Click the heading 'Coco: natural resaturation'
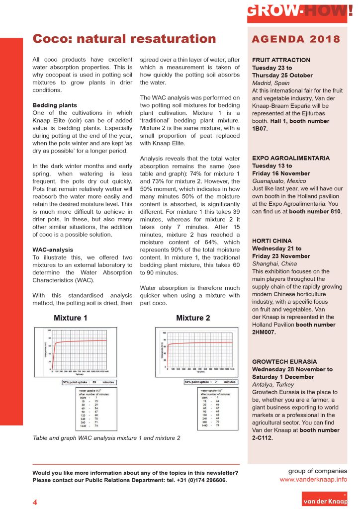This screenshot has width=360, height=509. pyautogui.click(x=124, y=39)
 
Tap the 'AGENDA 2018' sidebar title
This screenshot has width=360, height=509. pyautogui.click(x=296, y=39)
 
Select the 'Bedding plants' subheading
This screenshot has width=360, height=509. pyautogui.click(x=55, y=105)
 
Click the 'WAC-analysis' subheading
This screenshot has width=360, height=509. pyautogui.click(x=53, y=249)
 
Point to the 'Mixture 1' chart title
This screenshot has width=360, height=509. pyautogui.click(x=71, y=318)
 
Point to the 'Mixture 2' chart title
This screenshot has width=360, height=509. pyautogui.click(x=193, y=318)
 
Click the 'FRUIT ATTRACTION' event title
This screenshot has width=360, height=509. pyautogui.click(x=281, y=60)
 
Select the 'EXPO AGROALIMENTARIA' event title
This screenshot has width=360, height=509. pyautogui.click(x=291, y=158)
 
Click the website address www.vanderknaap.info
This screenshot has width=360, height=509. pyautogui.click(x=313, y=480)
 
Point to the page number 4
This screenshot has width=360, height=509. pyautogui.click(x=35, y=502)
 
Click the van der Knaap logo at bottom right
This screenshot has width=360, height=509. pyautogui.click(x=325, y=500)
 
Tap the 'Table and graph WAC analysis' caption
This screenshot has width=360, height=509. pyautogui.click(x=106, y=438)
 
